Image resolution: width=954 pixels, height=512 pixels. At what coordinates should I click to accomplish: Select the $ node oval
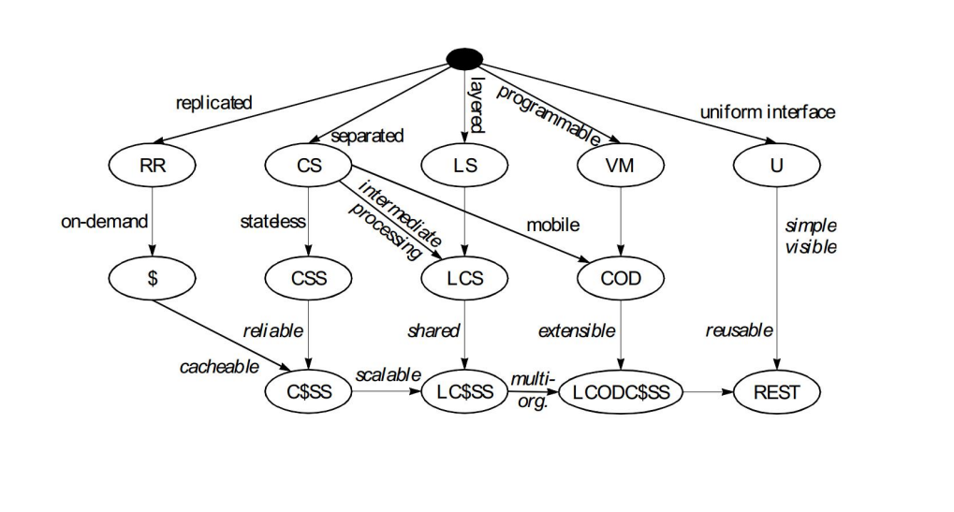151,278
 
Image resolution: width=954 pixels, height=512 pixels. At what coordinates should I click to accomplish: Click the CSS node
308,278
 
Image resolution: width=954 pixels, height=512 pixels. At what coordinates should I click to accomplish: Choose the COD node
620,278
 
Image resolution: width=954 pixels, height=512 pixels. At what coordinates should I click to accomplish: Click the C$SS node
308,392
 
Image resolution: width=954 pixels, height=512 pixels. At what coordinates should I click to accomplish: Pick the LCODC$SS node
621,392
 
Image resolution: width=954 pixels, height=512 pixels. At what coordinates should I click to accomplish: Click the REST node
776,392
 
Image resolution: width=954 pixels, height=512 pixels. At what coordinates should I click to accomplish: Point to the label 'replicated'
213,103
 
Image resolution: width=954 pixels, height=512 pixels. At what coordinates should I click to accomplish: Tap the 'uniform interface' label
768,112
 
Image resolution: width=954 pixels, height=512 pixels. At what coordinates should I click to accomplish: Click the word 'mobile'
552,225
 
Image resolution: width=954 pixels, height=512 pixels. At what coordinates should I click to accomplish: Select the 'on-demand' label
104,222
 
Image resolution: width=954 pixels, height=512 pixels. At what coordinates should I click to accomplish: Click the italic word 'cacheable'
219,367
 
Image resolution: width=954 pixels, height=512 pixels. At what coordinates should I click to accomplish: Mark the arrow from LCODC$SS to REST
707,392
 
